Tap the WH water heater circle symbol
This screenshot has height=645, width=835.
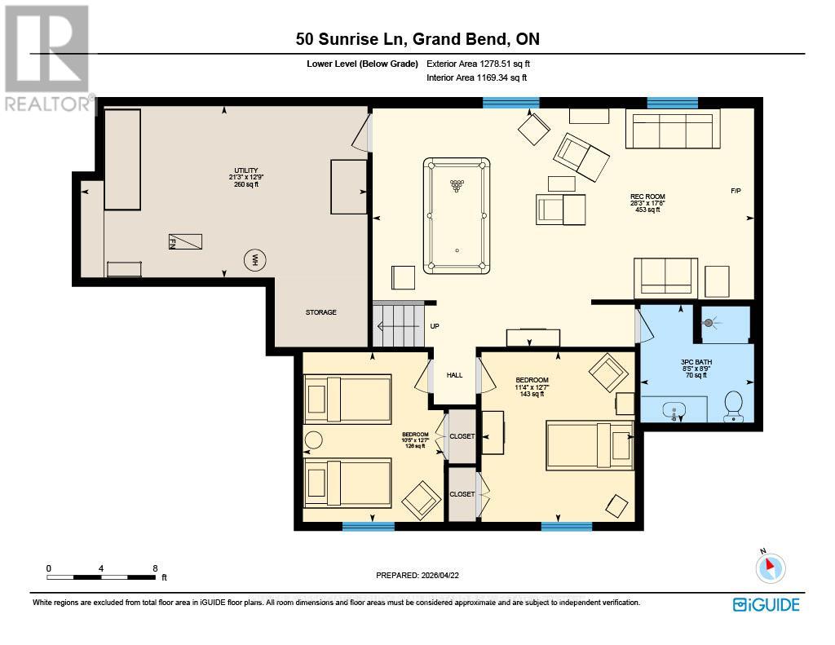click(255, 261)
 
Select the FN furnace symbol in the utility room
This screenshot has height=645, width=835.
click(185, 241)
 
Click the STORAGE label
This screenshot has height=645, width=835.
click(320, 312)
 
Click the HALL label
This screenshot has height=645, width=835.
click(454, 375)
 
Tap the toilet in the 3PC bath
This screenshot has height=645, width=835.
click(733, 405)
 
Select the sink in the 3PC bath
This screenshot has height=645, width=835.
click(674, 409)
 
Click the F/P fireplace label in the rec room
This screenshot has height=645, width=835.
click(736, 191)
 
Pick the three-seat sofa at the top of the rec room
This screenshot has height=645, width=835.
click(673, 130)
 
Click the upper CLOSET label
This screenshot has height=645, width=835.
click(462, 436)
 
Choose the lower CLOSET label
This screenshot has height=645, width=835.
click(462, 494)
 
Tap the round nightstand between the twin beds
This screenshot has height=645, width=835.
click(314, 440)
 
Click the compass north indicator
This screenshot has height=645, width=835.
click(770, 568)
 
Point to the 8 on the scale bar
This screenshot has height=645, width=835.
click(154, 568)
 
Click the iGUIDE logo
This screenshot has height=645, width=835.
click(766, 604)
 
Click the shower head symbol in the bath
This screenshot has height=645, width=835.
click(709, 323)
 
